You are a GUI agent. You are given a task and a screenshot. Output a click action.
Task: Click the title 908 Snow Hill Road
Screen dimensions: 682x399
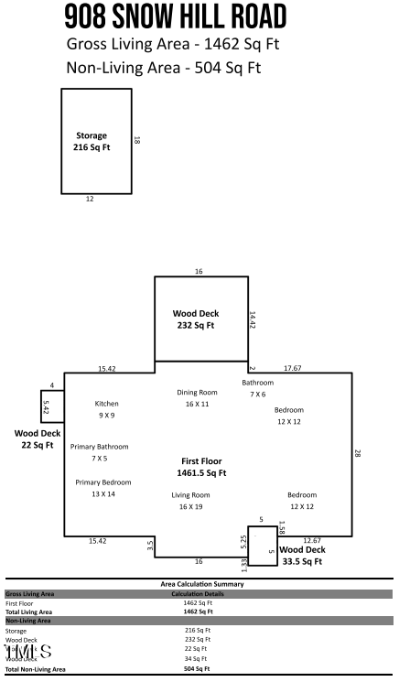coord(176,16)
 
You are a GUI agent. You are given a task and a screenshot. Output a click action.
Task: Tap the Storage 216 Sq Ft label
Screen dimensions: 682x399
coord(91,141)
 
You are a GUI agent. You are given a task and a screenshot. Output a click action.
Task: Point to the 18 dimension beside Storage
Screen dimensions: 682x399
coord(137,140)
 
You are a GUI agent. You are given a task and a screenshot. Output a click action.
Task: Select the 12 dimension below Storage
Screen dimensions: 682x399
coord(90,199)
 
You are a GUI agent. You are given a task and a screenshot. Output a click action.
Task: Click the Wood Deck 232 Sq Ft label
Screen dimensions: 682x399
coord(196,319)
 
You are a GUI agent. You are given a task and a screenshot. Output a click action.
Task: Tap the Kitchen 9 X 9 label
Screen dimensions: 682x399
coord(107,408)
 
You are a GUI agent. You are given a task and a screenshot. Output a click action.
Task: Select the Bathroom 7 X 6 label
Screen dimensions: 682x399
coord(257,387)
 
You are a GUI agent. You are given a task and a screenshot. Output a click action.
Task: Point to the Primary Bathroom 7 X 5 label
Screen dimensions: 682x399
coord(99,451)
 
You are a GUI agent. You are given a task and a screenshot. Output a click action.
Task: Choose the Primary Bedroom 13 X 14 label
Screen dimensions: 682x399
coord(102,488)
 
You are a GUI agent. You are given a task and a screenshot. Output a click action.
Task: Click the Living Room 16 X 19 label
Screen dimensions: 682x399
coord(190,500)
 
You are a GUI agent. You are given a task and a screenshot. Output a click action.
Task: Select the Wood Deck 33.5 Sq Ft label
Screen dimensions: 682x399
coord(301,556)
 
